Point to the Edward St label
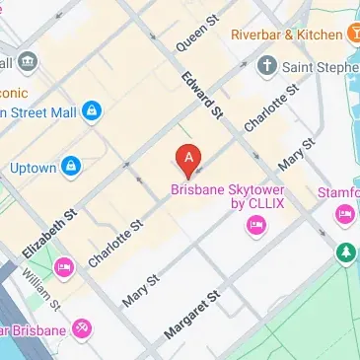[x=198, y=93]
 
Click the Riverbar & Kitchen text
[x=286, y=35]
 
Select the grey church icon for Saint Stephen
[x=265, y=66]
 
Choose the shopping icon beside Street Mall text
[x=92, y=110]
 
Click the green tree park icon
[x=344, y=253]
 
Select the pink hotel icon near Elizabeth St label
[x=64, y=266]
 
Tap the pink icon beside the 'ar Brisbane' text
[x=82, y=327]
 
